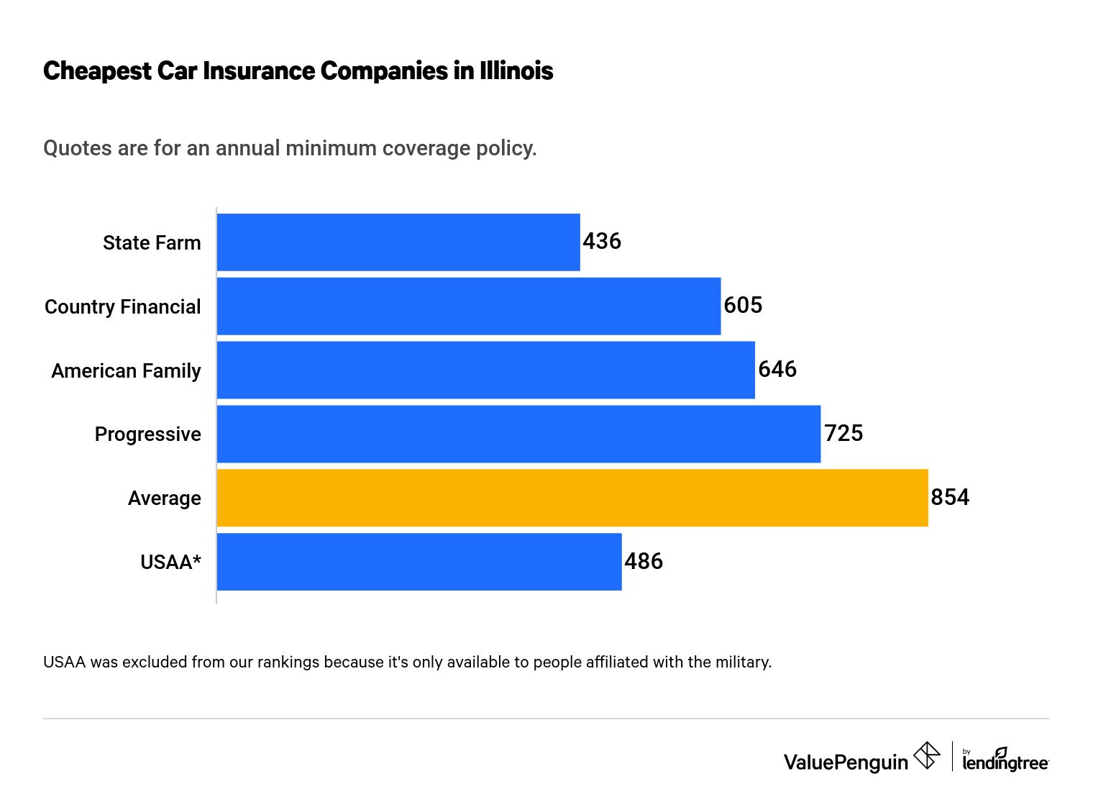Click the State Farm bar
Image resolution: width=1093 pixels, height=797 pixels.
tap(398, 242)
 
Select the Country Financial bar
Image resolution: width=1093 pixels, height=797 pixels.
tap(469, 306)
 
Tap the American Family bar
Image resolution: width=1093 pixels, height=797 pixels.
tap(486, 370)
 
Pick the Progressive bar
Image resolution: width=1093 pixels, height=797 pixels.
tap(518, 434)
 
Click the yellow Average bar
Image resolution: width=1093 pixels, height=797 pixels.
tap(572, 498)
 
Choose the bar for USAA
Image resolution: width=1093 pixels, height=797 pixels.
tap(419, 562)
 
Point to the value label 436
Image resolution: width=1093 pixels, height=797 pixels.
tap(602, 242)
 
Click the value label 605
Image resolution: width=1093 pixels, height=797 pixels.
tap(743, 306)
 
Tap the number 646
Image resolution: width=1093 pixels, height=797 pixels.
tap(777, 370)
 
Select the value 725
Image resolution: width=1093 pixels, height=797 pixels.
tap(843, 433)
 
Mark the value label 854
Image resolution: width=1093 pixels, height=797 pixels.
tap(950, 497)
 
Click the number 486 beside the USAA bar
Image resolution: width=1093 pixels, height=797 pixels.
tap(644, 561)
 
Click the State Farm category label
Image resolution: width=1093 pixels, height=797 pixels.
tap(152, 243)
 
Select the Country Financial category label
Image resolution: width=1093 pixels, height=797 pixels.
tap(123, 307)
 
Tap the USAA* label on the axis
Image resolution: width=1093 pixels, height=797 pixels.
tap(170, 563)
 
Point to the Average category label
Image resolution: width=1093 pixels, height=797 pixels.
tap(165, 498)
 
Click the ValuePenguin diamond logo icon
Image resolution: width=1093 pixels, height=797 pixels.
tap(926, 756)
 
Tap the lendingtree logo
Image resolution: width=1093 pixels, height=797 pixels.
tap(1005, 760)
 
